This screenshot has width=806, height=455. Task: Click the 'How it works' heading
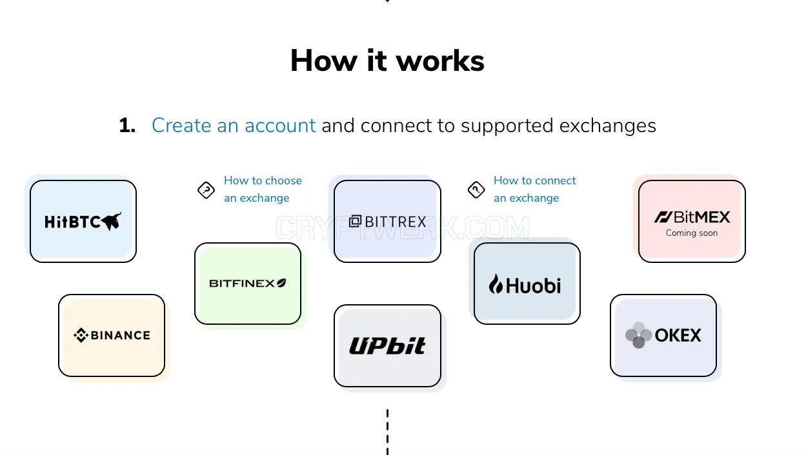click(x=387, y=61)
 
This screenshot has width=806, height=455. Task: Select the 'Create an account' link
click(x=234, y=126)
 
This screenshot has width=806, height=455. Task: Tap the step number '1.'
click(x=127, y=126)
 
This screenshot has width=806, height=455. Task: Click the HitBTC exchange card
click(x=83, y=221)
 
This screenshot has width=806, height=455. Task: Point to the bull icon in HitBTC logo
click(x=112, y=221)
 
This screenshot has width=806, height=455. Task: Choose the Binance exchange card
click(x=112, y=335)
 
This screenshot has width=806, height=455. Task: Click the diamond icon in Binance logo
click(x=81, y=335)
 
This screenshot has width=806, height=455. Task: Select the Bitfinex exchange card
click(x=248, y=284)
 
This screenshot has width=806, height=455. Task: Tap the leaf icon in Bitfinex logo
click(x=281, y=283)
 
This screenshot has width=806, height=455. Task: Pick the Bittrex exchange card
click(x=388, y=221)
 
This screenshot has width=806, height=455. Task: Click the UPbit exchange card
click(x=388, y=345)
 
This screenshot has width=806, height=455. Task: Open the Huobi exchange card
click(x=527, y=284)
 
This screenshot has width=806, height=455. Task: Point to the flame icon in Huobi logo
click(x=496, y=284)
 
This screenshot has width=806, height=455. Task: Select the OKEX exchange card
click(x=663, y=335)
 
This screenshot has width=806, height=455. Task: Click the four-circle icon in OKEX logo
click(x=638, y=335)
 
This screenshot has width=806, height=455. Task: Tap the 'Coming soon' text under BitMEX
click(x=692, y=233)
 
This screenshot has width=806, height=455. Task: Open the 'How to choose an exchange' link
click(x=263, y=189)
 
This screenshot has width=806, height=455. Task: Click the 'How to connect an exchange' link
click(x=535, y=189)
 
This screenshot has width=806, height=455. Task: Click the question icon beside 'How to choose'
click(x=206, y=190)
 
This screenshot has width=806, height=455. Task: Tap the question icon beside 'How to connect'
click(x=476, y=189)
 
